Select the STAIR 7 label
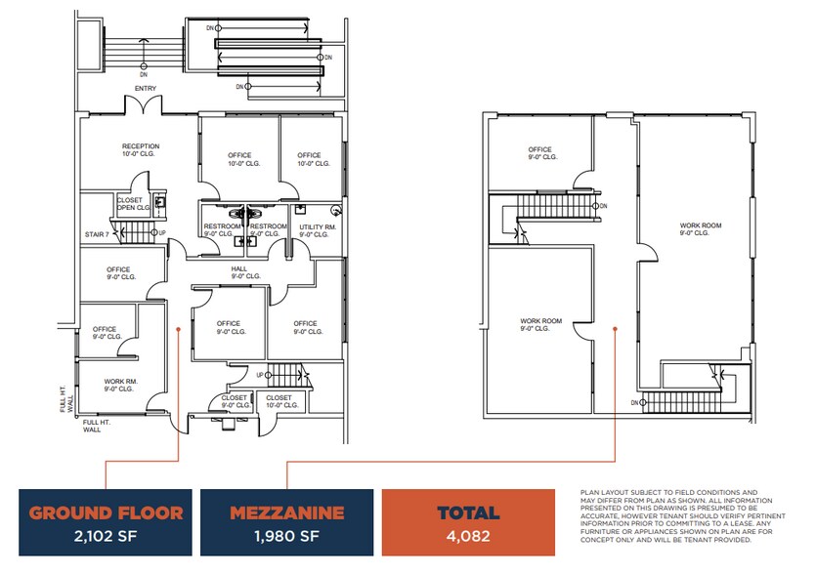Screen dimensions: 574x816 (x=94, y=234)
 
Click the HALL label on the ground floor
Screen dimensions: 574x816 (x=238, y=270)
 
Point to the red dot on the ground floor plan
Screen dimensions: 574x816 (x=178, y=329)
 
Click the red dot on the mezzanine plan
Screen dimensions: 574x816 (x=614, y=329)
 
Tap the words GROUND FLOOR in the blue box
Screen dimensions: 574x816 (x=106, y=512)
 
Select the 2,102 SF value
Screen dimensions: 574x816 (x=106, y=535)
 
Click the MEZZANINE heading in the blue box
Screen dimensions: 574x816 (x=285, y=512)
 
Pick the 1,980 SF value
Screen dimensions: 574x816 (x=285, y=535)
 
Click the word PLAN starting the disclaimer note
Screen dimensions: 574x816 (x=591, y=492)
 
